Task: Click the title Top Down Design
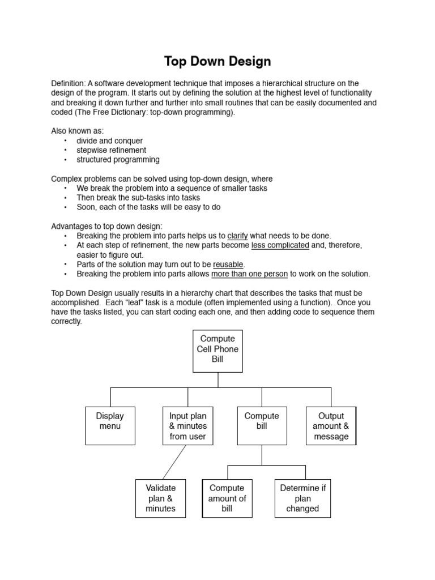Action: click(217, 61)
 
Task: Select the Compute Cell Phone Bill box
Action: click(217, 351)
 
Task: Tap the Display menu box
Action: click(110, 425)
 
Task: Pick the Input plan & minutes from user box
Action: click(187, 425)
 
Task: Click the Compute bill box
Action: click(261, 425)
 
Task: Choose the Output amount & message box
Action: click(331, 425)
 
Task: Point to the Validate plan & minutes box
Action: click(161, 498)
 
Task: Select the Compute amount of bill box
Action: click(227, 498)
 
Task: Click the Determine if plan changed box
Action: click(302, 498)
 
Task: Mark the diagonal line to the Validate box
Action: click(174, 462)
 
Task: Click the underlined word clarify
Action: click(237, 236)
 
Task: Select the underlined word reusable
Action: click(228, 265)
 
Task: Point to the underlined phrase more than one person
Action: click(249, 274)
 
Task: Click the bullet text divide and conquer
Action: click(109, 140)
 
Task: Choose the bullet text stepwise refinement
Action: click(111, 150)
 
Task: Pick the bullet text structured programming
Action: click(118, 160)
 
